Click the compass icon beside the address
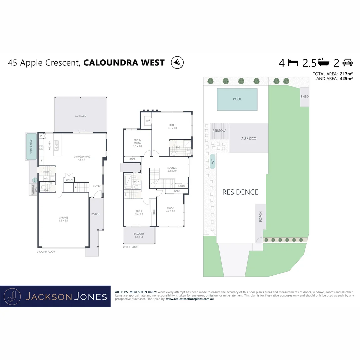point(177,62)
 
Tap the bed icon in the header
point(293,63)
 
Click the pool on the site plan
point(237,99)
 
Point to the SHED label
point(305,97)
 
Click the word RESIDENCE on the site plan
point(240,192)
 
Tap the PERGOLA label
point(219,131)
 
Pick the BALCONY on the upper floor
point(139,235)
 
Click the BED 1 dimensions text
point(172,128)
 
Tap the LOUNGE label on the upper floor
point(172,168)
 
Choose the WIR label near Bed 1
point(148,121)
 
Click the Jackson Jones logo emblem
point(12,296)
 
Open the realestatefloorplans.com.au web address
point(190,299)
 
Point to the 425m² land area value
point(346,79)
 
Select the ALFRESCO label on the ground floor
point(80,116)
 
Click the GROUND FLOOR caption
point(46,252)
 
